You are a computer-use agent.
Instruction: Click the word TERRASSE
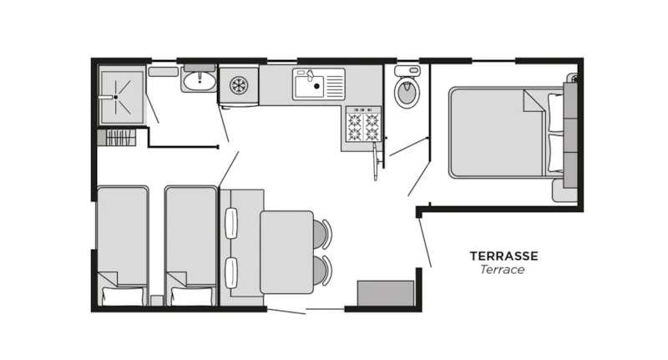tap(504, 256)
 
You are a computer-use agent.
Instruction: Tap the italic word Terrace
tap(503, 270)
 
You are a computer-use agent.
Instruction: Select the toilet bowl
tap(407, 94)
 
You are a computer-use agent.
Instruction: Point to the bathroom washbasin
tap(200, 80)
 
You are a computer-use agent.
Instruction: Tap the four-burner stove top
tap(363, 126)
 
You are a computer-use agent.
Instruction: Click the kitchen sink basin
tap(307, 84)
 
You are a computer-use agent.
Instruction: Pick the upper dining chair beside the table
tap(322, 233)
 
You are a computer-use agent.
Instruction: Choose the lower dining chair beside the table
tap(322, 270)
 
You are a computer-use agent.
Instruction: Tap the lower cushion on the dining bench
tap(231, 271)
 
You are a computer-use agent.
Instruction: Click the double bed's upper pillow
tap(555, 112)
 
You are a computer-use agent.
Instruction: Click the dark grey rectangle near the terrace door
tap(386, 293)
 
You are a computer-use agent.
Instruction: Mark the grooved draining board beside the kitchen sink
tap(333, 84)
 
